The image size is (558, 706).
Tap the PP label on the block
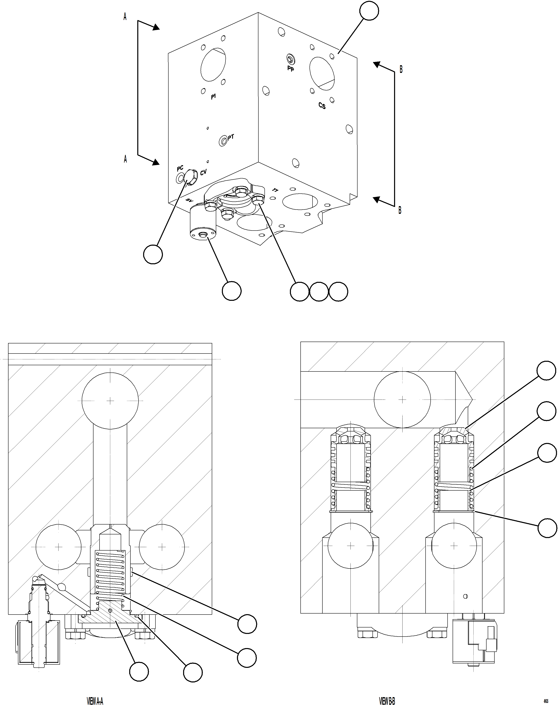coord(291,69)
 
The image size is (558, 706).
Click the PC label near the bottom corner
coord(180,169)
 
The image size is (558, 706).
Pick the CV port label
coord(203,172)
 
